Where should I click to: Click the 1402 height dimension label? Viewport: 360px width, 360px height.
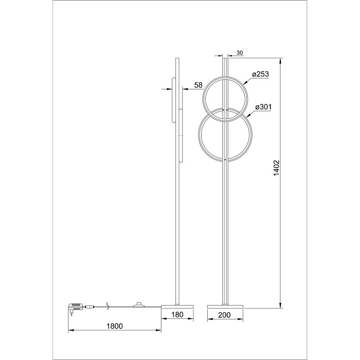(276, 168)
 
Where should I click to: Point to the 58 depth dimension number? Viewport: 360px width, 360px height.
(199, 85)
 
